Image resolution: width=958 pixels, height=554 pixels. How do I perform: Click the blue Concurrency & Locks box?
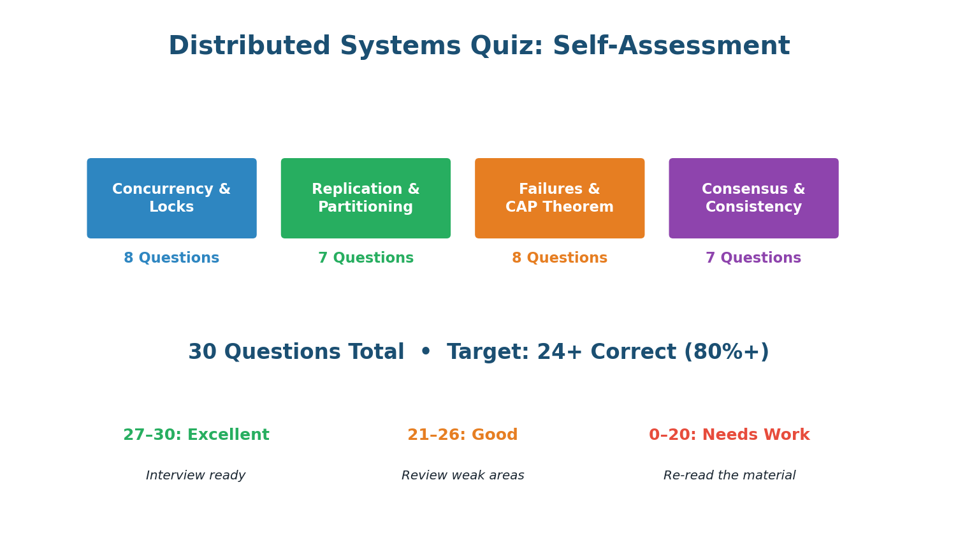tap(171, 198)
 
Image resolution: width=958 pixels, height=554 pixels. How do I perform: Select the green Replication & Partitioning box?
tap(365, 198)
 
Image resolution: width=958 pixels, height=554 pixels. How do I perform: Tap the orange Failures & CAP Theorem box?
tap(559, 198)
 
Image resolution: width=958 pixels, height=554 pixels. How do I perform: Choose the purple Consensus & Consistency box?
tap(753, 198)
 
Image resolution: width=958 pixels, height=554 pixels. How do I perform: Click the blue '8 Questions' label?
tap(171, 258)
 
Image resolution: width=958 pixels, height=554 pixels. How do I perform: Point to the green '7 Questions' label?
tap(365, 258)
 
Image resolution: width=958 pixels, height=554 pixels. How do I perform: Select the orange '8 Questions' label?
tap(559, 258)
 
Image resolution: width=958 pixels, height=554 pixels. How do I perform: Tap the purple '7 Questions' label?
tap(753, 258)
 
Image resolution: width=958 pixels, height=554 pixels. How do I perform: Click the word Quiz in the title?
tap(506, 47)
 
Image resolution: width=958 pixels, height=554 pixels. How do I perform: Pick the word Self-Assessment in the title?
tap(671, 47)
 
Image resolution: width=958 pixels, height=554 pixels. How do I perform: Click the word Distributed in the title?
tap(249, 47)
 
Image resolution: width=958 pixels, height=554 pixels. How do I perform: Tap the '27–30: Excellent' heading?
tap(196, 435)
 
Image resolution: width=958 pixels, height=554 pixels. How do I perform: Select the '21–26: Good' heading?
tap(462, 435)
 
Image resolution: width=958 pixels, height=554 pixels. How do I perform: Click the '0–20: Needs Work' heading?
tap(729, 435)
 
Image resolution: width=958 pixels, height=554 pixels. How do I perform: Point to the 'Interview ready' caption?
tap(196, 476)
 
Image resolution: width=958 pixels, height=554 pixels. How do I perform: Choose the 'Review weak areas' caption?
tap(462, 476)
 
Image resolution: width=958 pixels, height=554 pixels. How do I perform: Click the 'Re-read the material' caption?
tap(729, 476)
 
